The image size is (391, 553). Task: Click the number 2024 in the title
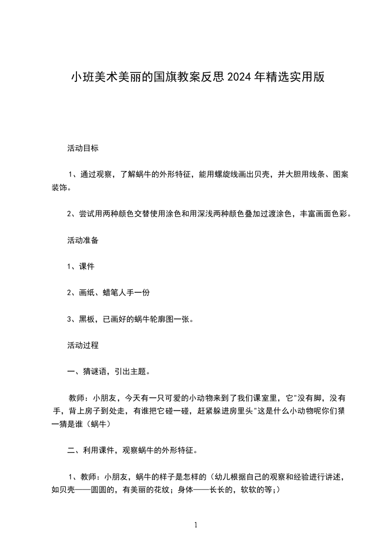click(x=239, y=77)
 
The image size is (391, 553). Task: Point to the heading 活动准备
click(x=83, y=240)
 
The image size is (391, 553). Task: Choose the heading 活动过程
click(x=83, y=346)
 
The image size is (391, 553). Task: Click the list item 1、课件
click(x=80, y=266)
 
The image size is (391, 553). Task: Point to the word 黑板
click(x=87, y=319)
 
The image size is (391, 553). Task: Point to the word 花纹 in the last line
click(x=163, y=490)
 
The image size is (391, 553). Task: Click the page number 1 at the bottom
click(x=196, y=525)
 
